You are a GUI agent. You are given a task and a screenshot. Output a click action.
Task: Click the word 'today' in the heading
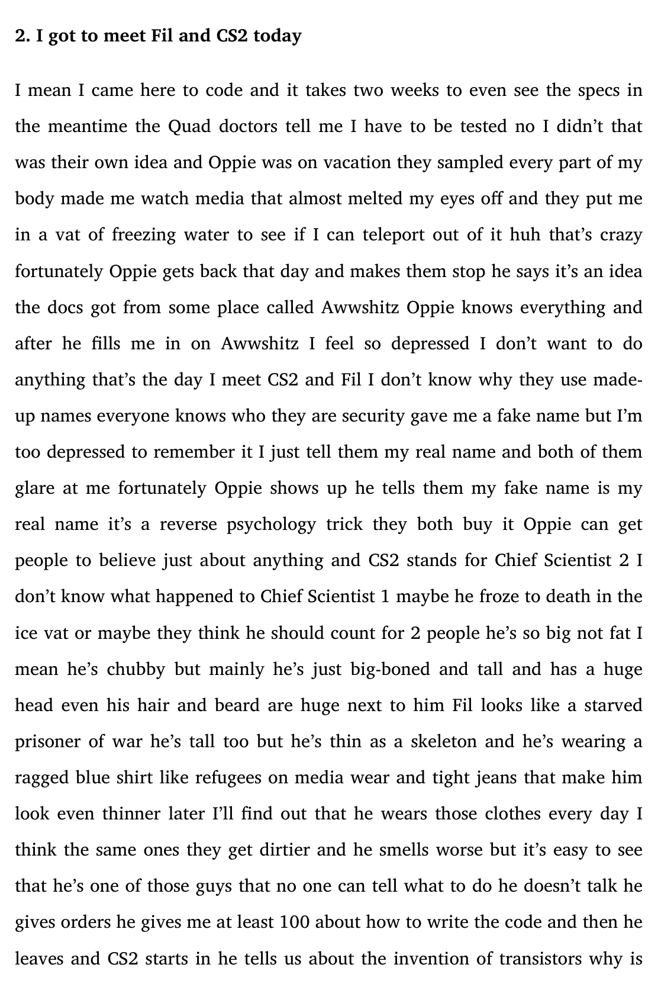coord(278,36)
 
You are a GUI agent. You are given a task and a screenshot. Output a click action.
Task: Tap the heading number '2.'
coord(22,36)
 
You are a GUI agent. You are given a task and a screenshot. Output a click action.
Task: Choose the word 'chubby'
coord(136,669)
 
